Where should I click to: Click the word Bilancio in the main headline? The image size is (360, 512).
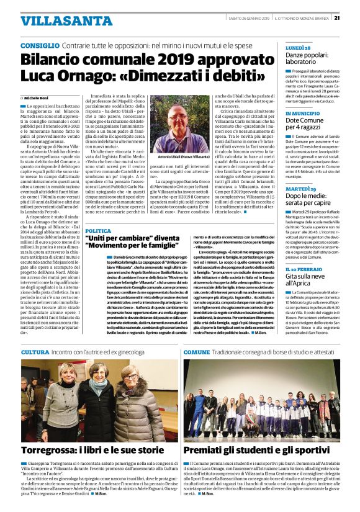(55, 60)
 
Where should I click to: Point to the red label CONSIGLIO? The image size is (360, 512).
(40, 47)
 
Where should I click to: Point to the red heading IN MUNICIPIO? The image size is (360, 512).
(304, 114)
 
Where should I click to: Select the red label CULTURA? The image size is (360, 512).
(35, 352)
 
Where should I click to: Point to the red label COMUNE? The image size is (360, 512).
(196, 352)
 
